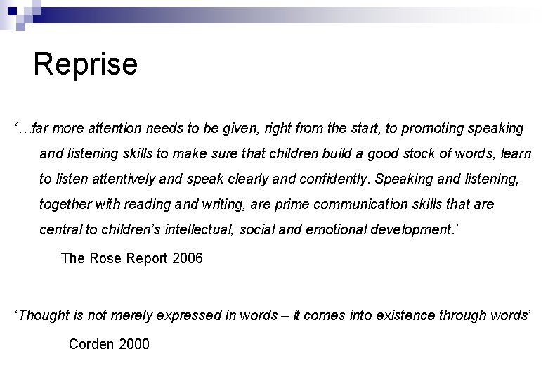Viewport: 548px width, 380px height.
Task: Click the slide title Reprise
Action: click(x=85, y=65)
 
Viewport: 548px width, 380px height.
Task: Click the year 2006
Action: click(x=185, y=258)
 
